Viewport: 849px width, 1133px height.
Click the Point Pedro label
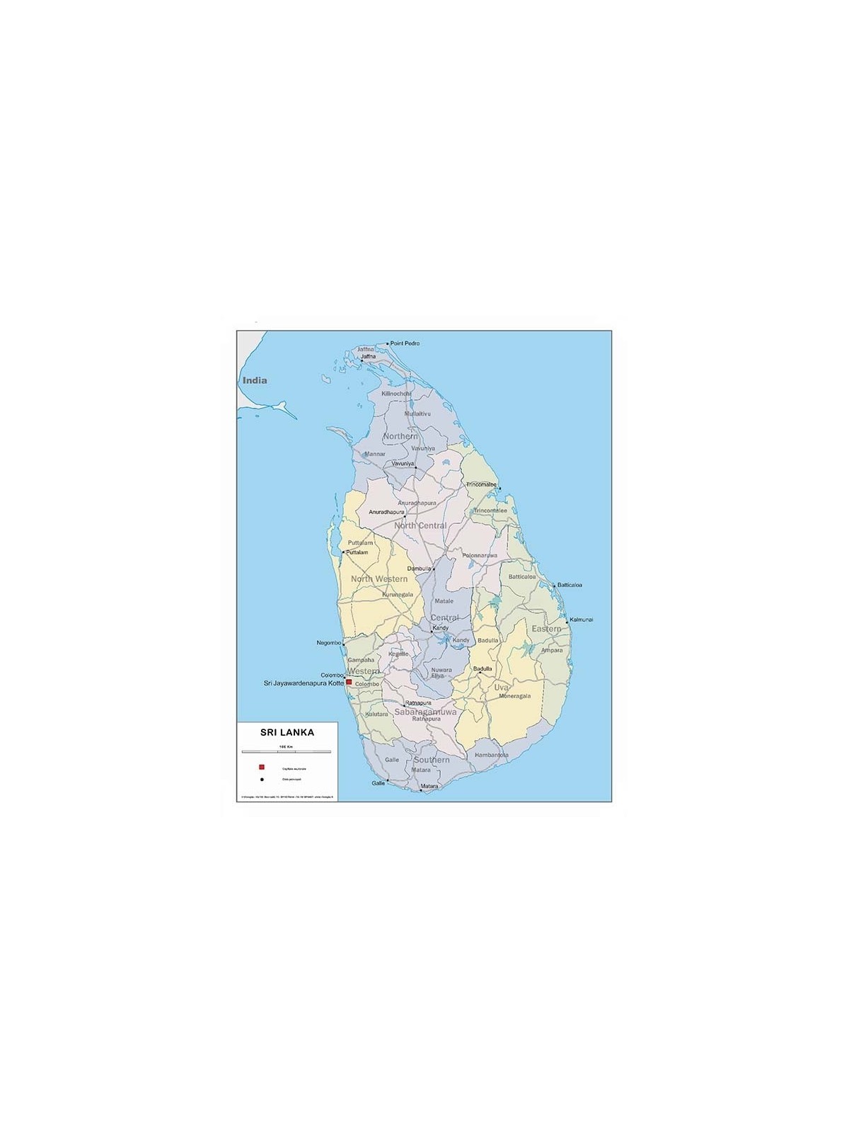pyautogui.click(x=405, y=343)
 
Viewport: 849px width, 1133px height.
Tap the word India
pyautogui.click(x=255, y=380)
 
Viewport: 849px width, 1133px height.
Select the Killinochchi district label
pyautogui.click(x=396, y=393)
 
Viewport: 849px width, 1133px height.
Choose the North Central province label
pyautogui.click(x=420, y=525)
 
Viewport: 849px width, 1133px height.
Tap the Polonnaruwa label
pyautogui.click(x=480, y=555)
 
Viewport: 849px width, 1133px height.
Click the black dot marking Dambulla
pyautogui.click(x=434, y=568)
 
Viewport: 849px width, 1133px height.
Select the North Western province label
pyautogui.click(x=379, y=579)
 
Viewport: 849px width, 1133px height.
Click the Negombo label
pyautogui.click(x=328, y=643)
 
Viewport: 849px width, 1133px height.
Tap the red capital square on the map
pyautogui.click(x=349, y=682)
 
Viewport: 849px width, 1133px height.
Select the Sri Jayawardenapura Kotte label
pyautogui.click(x=304, y=683)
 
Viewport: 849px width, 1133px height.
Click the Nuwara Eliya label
pyautogui.click(x=441, y=673)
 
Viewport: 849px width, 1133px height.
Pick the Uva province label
pyautogui.click(x=501, y=687)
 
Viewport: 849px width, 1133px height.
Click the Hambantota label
pyautogui.click(x=492, y=755)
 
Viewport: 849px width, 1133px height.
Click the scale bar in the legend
pyautogui.click(x=287, y=751)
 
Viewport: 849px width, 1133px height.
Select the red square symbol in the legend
pyautogui.click(x=262, y=768)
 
